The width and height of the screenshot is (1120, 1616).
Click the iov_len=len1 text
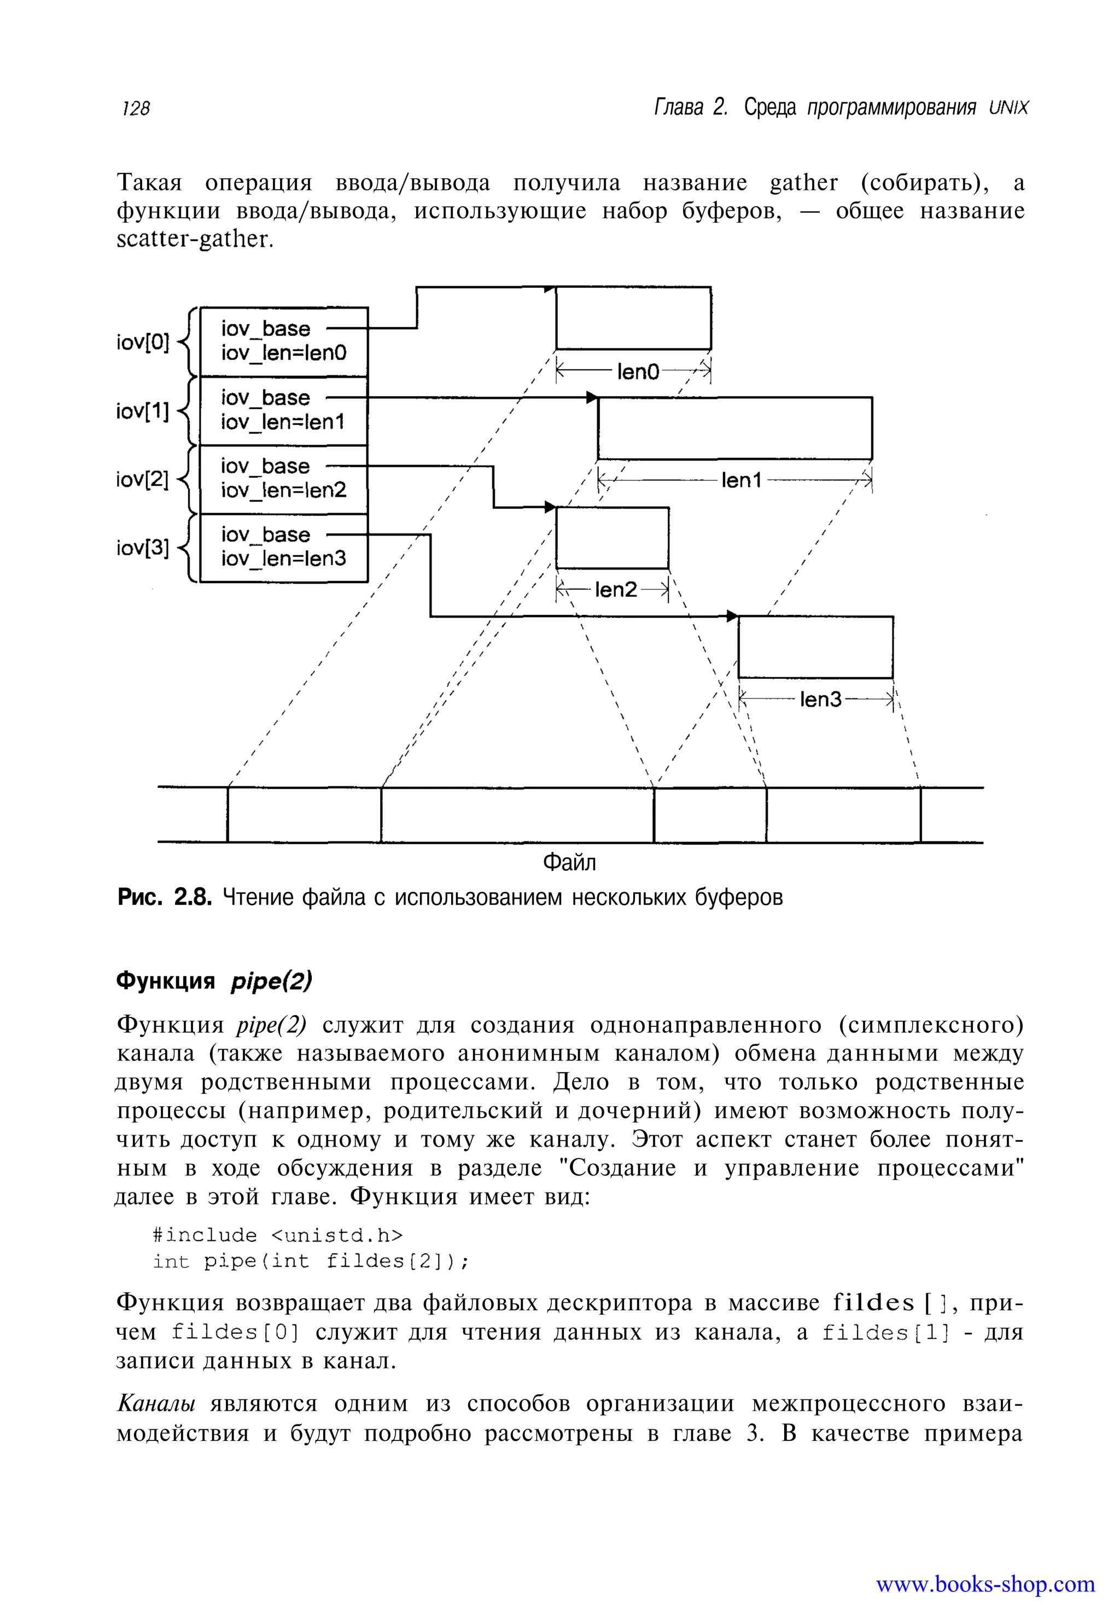pyautogui.click(x=283, y=421)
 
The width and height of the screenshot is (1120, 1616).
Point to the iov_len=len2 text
pyautogui.click(x=283, y=490)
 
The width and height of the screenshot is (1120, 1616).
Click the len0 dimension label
pyautogui.click(x=638, y=371)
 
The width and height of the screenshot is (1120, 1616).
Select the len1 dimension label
pyautogui.click(x=741, y=480)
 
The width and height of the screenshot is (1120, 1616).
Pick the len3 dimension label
pyautogui.click(x=820, y=699)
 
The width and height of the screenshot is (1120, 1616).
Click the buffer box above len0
pyautogui.click(x=633, y=318)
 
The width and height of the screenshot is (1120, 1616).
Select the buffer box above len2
pyautogui.click(x=612, y=538)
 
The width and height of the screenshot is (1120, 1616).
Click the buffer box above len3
pyautogui.click(x=815, y=647)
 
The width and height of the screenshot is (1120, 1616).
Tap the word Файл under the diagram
pyautogui.click(x=569, y=862)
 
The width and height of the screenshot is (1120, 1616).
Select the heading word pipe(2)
pyautogui.click(x=271, y=981)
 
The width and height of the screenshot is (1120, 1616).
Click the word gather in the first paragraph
pyautogui.click(x=803, y=183)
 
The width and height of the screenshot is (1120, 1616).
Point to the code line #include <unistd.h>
pyautogui.click(x=278, y=1235)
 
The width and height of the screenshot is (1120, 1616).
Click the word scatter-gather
pyautogui.click(x=193, y=240)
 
